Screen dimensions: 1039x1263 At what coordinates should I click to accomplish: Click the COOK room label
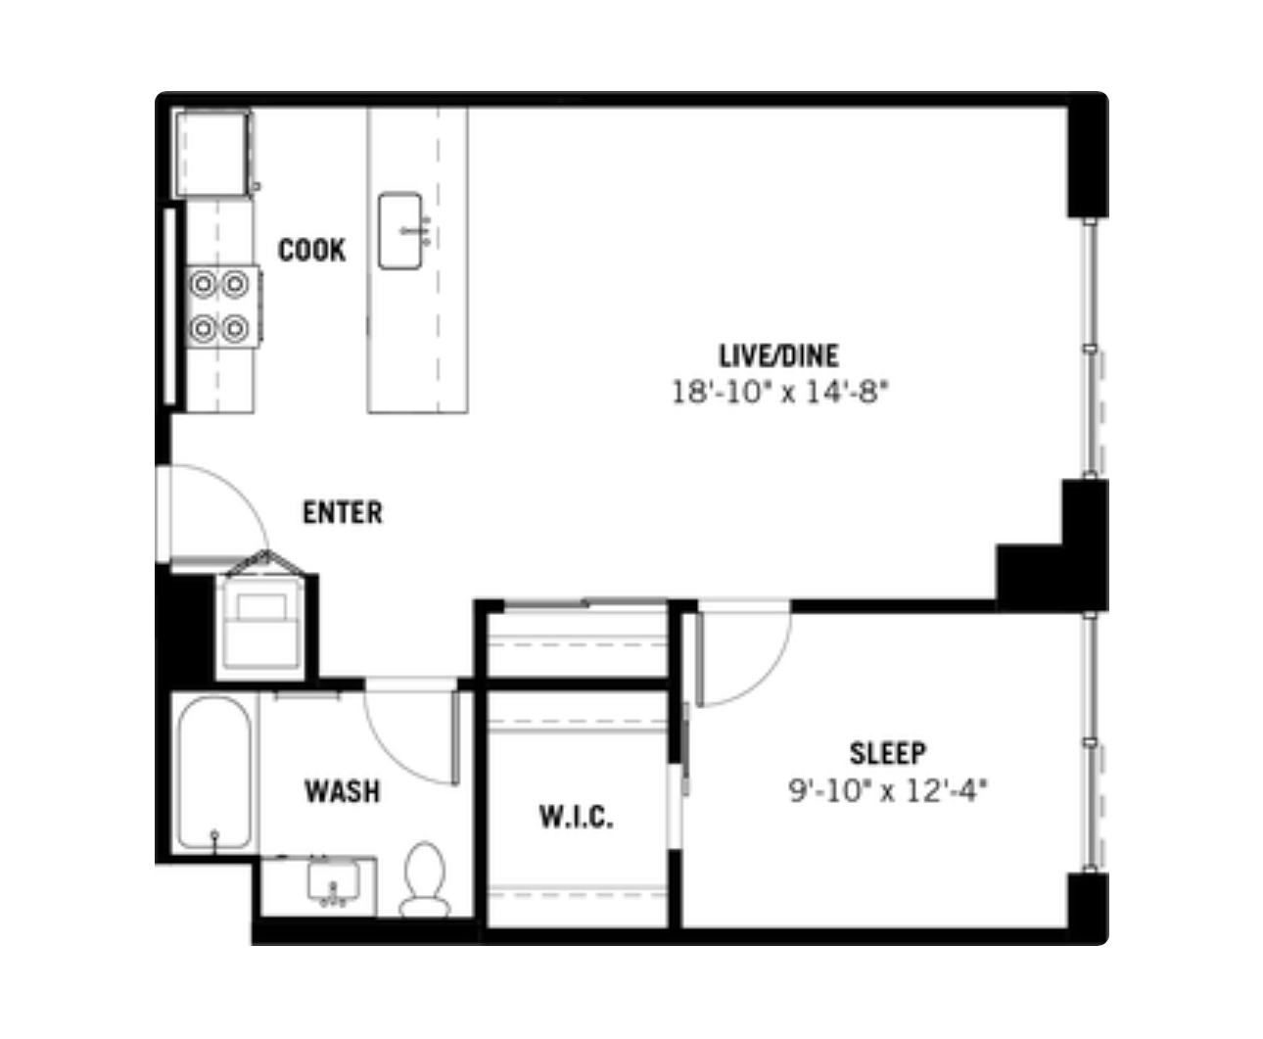(312, 251)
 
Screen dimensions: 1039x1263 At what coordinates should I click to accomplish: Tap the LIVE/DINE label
(778, 354)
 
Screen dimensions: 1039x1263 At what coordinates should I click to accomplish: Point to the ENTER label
(342, 512)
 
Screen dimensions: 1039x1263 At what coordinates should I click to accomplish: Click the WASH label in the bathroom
(342, 791)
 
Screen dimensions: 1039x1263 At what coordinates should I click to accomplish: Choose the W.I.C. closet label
(577, 817)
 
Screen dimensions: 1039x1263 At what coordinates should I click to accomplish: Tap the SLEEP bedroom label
(887, 753)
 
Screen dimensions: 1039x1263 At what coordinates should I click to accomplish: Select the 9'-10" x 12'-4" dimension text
(888, 790)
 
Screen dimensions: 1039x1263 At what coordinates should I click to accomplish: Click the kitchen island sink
(401, 231)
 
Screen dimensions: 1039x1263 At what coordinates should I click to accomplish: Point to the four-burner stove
(218, 306)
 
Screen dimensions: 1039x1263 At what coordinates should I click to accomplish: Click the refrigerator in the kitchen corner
(211, 153)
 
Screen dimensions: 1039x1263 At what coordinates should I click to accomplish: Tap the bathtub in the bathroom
(215, 774)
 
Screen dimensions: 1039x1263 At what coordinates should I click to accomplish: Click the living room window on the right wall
(1091, 349)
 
